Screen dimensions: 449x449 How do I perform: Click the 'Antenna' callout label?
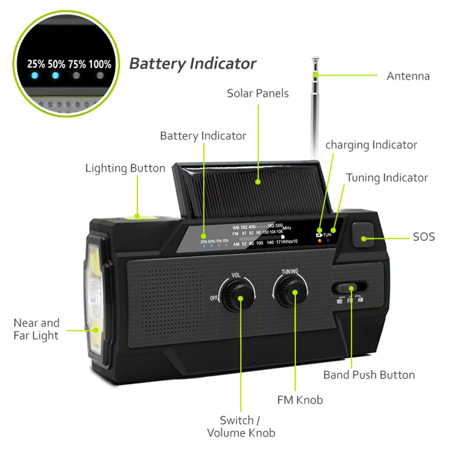408,76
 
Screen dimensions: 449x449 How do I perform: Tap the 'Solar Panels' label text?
257,93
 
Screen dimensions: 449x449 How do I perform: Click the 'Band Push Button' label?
369,375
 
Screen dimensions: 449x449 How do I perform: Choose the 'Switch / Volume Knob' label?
241,427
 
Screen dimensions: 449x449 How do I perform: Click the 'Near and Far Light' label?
36,329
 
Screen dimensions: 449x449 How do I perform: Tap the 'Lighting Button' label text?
125,168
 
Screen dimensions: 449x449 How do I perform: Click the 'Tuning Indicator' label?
387,178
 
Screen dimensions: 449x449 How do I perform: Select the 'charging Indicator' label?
371,145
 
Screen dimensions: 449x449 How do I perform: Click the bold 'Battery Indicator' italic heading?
192,63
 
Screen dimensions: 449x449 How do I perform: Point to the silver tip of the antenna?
316,59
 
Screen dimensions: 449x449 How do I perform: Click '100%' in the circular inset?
100,64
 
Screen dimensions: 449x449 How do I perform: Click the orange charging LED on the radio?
319,240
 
